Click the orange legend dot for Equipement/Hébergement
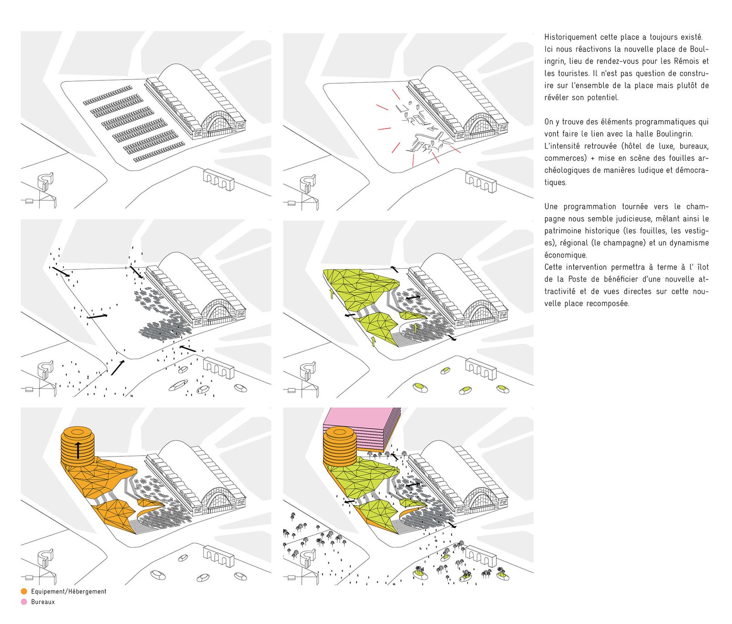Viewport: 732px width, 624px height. (x=24, y=592)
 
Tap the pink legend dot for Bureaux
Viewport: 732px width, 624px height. (x=24, y=602)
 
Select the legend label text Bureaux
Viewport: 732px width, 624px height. (x=43, y=602)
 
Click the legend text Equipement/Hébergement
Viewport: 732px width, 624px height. (x=69, y=592)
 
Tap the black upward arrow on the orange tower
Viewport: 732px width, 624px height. (x=78, y=450)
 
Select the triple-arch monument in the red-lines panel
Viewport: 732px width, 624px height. (x=481, y=182)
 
